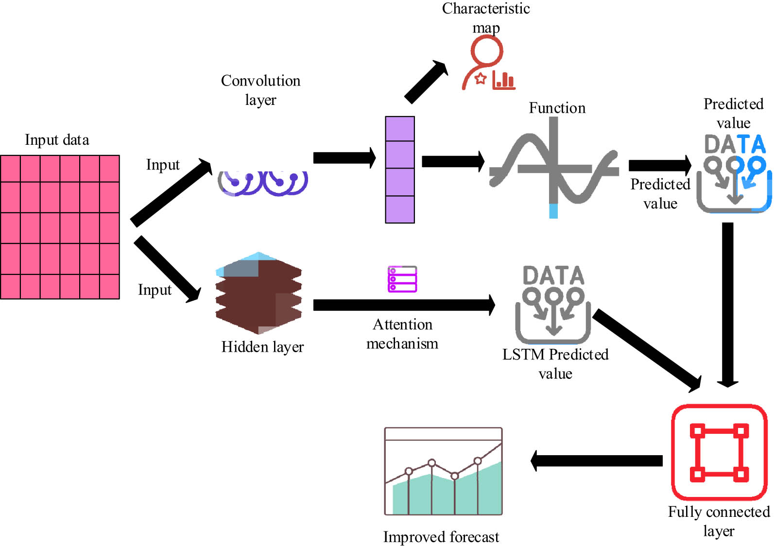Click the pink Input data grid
coord(60,227)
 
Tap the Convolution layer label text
coord(260,90)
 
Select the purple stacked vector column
coord(399,170)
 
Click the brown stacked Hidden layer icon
coord(258,294)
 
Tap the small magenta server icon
coord(402,279)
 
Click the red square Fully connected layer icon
coord(719,452)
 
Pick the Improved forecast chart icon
coord(443,471)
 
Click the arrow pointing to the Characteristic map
coord(426,82)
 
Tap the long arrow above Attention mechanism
coord(403,305)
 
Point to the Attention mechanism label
coord(402,334)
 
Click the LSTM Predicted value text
coord(555,364)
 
